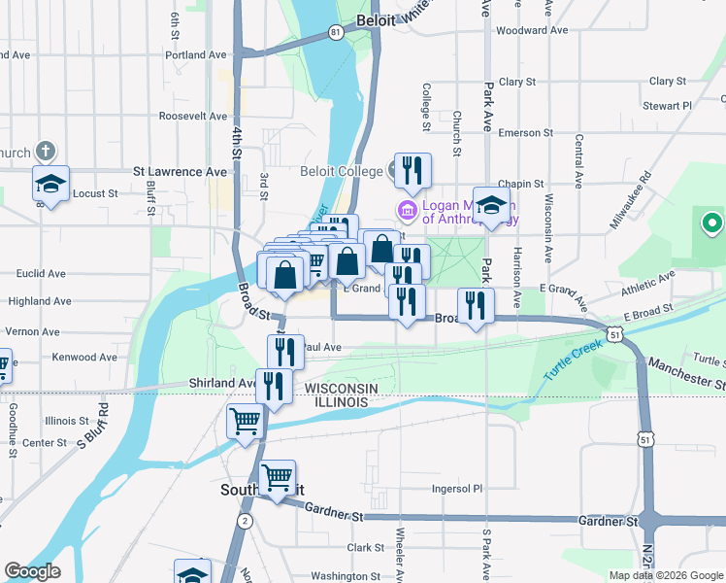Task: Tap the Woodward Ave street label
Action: [x=531, y=30]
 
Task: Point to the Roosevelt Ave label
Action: [x=193, y=116]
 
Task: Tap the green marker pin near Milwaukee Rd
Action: [x=711, y=225]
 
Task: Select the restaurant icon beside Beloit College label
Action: [x=412, y=172]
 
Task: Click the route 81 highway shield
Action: [x=336, y=33]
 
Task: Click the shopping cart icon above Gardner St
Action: [x=278, y=478]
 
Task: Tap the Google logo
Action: [x=32, y=570]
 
